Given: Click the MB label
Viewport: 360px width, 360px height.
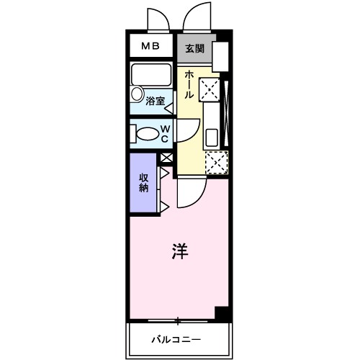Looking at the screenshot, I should (x=150, y=47).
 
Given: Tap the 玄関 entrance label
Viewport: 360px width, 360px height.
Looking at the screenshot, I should (x=193, y=49).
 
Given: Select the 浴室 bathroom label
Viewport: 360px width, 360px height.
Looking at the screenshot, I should (x=155, y=102).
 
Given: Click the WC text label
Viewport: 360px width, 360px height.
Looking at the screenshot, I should (x=164, y=134).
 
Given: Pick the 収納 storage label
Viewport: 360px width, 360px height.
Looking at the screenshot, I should (x=144, y=183).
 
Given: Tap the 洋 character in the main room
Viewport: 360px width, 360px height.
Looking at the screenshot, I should (x=180, y=251).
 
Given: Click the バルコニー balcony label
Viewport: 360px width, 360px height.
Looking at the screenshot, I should (x=175, y=338).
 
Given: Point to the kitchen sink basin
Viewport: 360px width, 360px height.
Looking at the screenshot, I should (x=212, y=136).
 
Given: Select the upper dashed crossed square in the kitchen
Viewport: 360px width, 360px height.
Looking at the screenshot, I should (x=210, y=91).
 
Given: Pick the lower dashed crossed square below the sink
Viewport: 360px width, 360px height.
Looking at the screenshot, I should (x=216, y=163).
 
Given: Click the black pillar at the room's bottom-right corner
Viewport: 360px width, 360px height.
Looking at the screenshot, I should (x=222, y=314).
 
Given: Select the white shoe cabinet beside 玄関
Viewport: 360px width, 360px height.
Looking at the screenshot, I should (x=220, y=57).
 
